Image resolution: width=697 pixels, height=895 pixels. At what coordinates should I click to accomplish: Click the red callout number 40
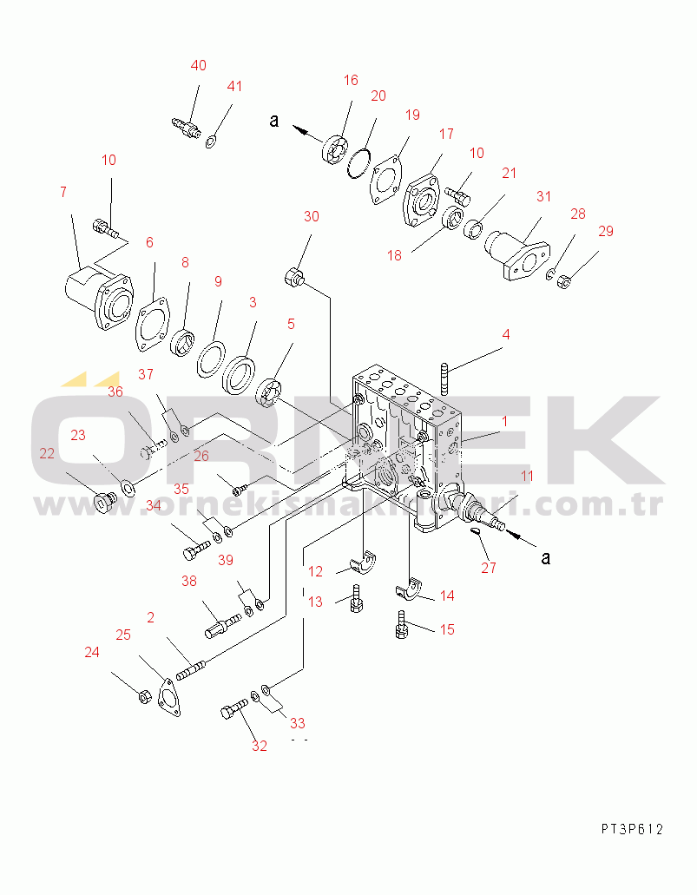[x=199, y=66]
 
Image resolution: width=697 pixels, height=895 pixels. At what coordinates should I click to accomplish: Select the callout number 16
[x=350, y=80]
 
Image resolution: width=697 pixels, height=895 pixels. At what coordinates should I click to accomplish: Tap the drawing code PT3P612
[x=631, y=829]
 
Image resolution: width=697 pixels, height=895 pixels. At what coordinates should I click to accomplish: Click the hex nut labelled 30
[x=293, y=279]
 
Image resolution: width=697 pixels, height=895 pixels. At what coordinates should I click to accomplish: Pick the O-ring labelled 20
[x=358, y=162]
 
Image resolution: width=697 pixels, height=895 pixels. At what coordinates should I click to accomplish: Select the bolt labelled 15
[x=401, y=625]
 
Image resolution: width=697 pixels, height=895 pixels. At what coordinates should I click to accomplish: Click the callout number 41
[x=234, y=86]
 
